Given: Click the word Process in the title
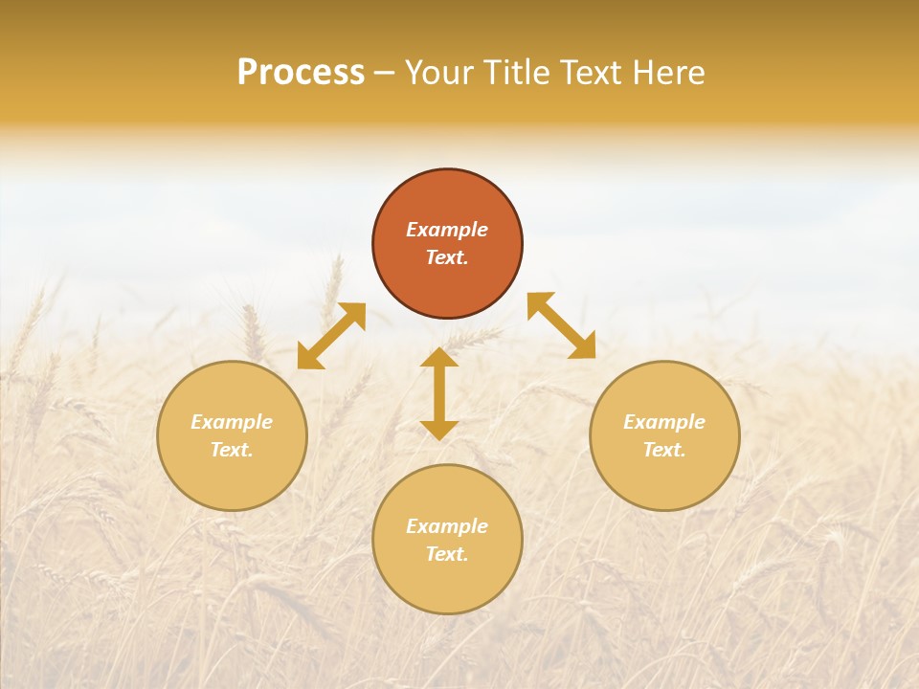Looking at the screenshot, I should coord(301,73).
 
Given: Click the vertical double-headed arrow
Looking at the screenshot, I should coord(439,393).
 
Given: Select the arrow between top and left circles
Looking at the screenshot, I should coord(331,336).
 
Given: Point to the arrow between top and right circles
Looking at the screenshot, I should coord(562,325).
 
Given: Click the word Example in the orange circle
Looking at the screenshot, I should coord(447,230).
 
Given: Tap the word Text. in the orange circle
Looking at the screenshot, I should coord(447,257).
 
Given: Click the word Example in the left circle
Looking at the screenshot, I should coord(232,422).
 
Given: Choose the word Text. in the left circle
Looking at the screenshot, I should coord(232,450).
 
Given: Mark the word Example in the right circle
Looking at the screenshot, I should coord(664,422).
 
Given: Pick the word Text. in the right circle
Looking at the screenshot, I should coord(664,450).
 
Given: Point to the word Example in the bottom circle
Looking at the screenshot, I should coord(447,526).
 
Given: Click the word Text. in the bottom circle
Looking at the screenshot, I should coord(447,554).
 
